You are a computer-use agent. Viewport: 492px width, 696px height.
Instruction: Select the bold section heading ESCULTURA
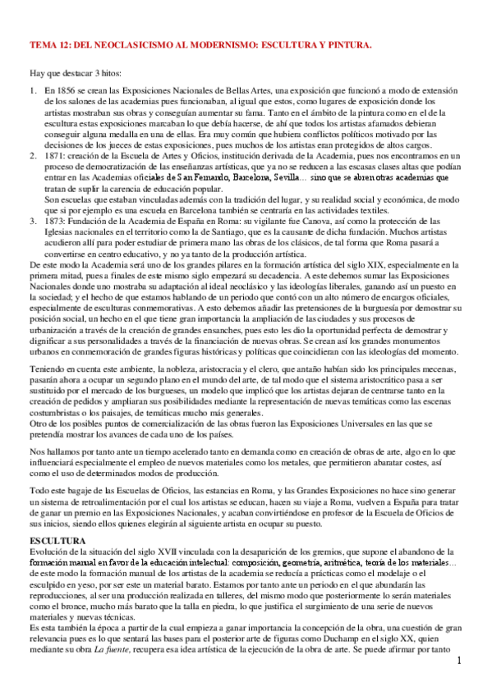click(57, 520)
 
